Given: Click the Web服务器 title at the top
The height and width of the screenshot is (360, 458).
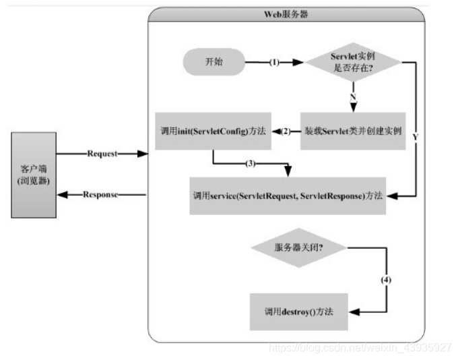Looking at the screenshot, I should [286, 14].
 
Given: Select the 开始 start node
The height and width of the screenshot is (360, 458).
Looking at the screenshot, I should [214, 62].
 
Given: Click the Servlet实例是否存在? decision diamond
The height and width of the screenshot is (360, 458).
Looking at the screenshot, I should [353, 63].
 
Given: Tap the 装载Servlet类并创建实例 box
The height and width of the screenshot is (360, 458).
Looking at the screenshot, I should [353, 131].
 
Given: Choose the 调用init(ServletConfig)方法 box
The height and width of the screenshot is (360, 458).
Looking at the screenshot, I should [213, 131].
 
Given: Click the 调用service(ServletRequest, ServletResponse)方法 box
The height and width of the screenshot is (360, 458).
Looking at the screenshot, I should [288, 196].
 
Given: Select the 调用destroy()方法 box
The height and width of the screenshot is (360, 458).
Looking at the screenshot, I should [298, 312].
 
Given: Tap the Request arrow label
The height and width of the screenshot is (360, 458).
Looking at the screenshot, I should [102, 154].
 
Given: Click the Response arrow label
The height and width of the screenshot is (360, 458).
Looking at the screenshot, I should [101, 195].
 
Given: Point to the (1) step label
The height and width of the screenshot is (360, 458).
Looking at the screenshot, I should [275, 62].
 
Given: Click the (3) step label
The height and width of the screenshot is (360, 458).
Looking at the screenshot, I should [251, 163].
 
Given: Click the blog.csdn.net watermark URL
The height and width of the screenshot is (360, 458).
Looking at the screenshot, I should [360, 348].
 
